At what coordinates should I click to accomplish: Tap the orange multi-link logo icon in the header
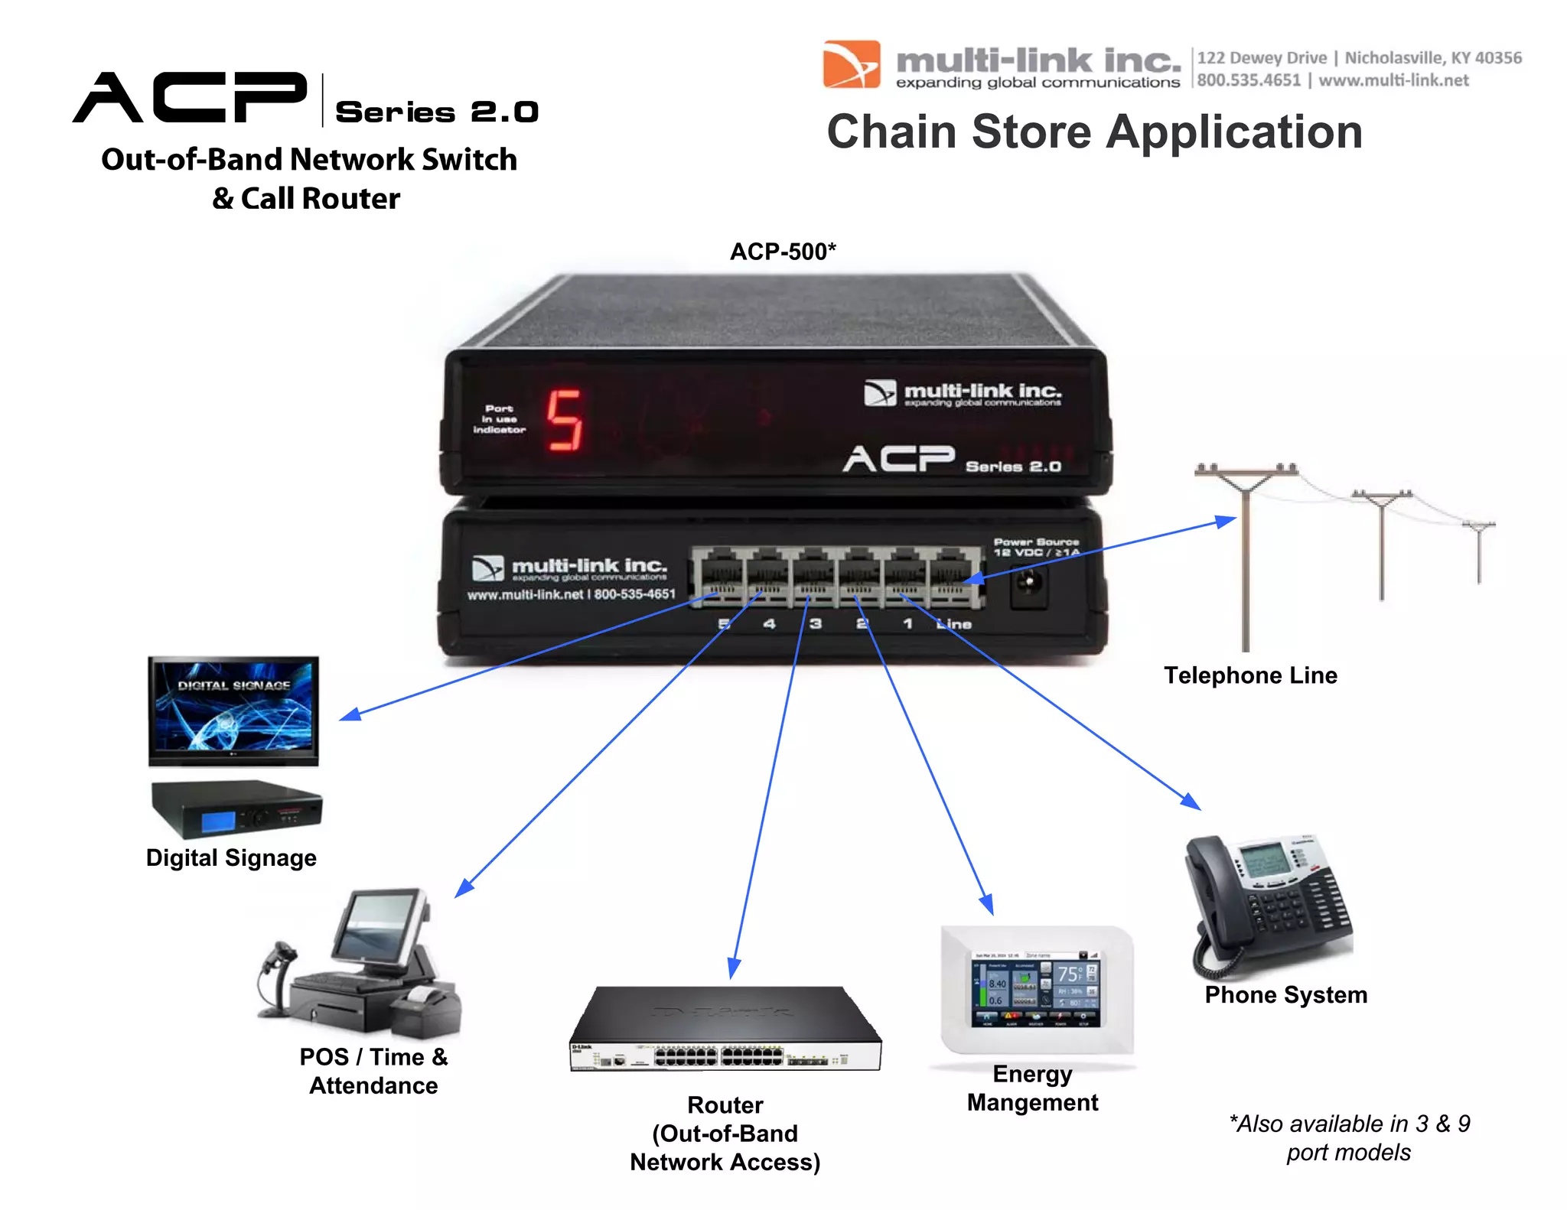pos(851,65)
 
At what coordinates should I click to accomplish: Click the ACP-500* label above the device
pos(782,252)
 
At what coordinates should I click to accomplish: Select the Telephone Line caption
pos(1250,675)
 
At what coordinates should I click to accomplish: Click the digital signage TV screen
pos(233,707)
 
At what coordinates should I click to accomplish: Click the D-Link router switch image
pos(725,1029)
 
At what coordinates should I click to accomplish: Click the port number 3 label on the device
pos(816,624)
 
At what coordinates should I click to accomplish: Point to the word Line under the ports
pos(954,624)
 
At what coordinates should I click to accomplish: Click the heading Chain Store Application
pos(1094,132)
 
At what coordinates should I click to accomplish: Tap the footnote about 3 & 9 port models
pos(1349,1137)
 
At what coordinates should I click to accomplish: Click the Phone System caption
pos(1285,994)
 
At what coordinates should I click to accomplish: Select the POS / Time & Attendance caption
pos(373,1071)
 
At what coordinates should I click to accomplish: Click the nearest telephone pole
pos(1246,558)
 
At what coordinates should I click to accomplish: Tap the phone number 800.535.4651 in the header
pos(1249,80)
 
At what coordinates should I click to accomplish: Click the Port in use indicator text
pos(499,419)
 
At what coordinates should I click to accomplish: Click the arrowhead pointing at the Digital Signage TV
pos(349,715)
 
